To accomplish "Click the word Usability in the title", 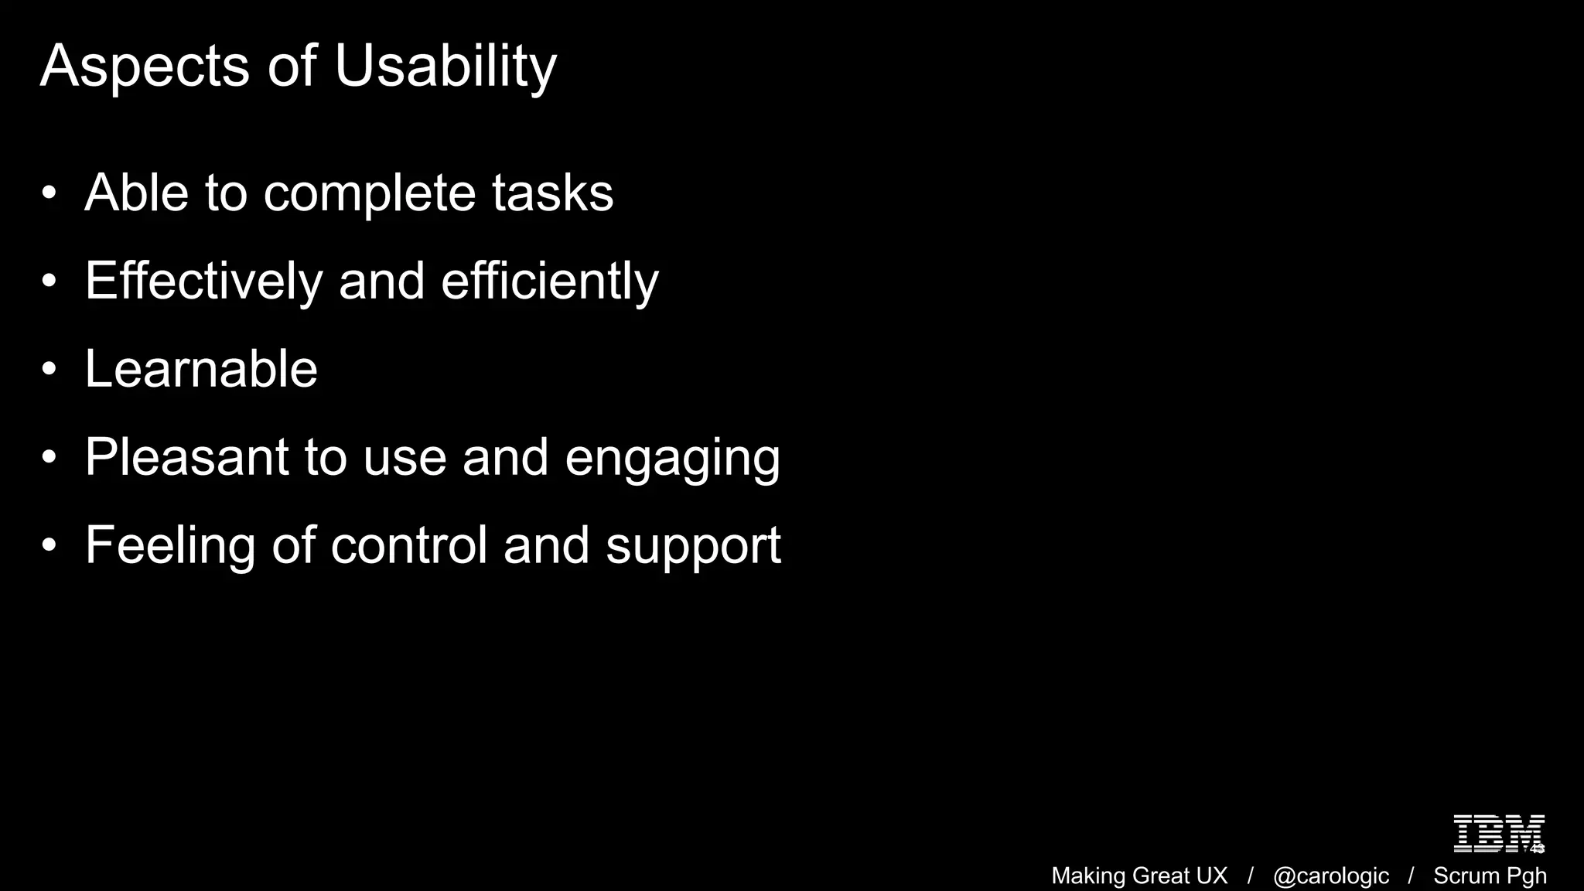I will [445, 67].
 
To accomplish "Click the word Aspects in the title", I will [145, 67].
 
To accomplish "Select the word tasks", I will [552, 193].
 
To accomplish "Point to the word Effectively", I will [203, 281].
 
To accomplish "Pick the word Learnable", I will [201, 369].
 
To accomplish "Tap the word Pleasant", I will [186, 457].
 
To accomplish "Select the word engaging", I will [672, 459].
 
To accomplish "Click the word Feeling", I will [169, 545].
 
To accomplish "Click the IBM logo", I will [1498, 834].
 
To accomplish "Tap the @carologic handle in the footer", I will [1330, 876].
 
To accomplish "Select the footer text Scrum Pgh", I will [1490, 876].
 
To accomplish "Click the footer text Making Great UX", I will [1139, 876].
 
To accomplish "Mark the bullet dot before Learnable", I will [49, 370].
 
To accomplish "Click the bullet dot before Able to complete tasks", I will [49, 193].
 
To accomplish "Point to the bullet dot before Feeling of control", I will [49, 546].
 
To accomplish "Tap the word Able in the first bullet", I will [136, 193].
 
